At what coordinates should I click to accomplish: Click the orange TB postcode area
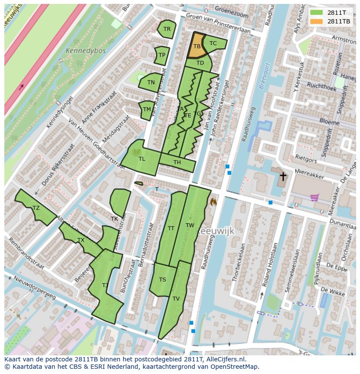point(196,46)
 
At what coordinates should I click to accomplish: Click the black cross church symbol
point(283,176)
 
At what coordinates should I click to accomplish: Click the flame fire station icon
point(213,202)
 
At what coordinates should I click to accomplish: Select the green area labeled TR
point(167,29)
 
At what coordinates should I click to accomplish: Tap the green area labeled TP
point(162,55)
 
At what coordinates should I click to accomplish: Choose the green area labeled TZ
point(36,208)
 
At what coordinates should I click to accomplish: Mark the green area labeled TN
point(150,82)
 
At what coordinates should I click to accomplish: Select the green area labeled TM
point(147,109)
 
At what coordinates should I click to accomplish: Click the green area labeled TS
point(162,279)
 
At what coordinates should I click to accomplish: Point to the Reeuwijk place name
point(216,232)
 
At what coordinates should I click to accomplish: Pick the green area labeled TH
point(177,163)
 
